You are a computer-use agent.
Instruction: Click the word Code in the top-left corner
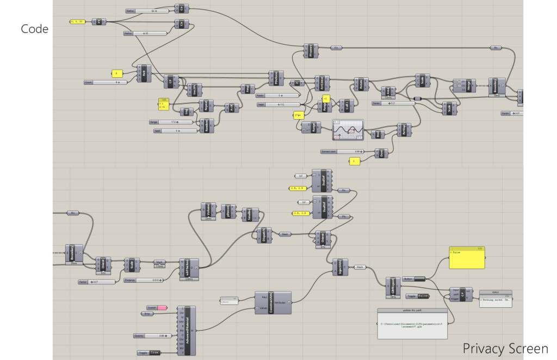[35, 29]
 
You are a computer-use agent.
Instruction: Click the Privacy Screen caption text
[505, 348]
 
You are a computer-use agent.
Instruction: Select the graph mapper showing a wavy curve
[348, 129]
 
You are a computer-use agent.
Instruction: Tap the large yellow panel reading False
[467, 258]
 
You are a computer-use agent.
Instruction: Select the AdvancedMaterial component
[187, 331]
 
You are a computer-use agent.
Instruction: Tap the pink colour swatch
[162, 308]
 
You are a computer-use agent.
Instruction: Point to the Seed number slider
[174, 131]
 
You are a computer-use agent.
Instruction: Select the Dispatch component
[264, 235]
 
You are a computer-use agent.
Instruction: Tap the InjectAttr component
[341, 267]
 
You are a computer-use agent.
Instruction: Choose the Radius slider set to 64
[147, 10]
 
